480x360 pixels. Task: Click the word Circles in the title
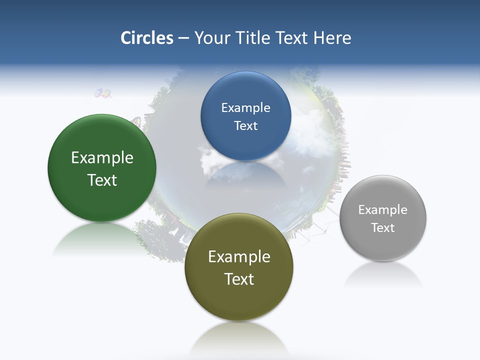[147, 38]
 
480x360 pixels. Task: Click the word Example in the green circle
[102, 158]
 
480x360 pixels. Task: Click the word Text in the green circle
[102, 180]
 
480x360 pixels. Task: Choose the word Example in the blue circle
[245, 108]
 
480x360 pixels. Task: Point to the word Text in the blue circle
[245, 126]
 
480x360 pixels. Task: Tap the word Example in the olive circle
[239, 257]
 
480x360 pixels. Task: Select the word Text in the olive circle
[239, 279]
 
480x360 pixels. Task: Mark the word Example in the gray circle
[383, 210]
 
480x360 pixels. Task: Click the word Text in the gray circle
[383, 228]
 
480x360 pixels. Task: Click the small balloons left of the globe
[103, 93]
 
